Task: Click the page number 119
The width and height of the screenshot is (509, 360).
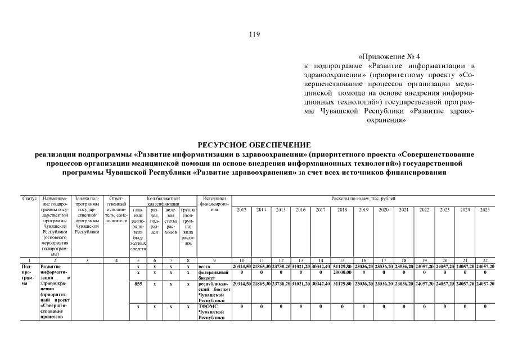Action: (254, 34)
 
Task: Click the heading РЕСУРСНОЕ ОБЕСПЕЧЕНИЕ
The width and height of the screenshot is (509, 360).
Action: (254, 145)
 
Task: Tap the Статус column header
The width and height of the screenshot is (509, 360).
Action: (30, 199)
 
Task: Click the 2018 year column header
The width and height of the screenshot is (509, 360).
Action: (341, 210)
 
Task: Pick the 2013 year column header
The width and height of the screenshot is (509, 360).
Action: (241, 210)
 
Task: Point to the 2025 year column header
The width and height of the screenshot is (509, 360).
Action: (484, 210)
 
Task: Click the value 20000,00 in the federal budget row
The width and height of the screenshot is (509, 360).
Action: (341, 272)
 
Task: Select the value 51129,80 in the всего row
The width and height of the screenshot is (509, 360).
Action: (341, 266)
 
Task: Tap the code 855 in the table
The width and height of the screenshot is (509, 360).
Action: (138, 284)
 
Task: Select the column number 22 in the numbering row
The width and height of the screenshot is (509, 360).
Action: (484, 260)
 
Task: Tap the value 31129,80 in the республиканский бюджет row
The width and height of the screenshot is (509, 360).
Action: (341, 284)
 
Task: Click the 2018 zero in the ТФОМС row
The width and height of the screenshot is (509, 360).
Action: (341, 307)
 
